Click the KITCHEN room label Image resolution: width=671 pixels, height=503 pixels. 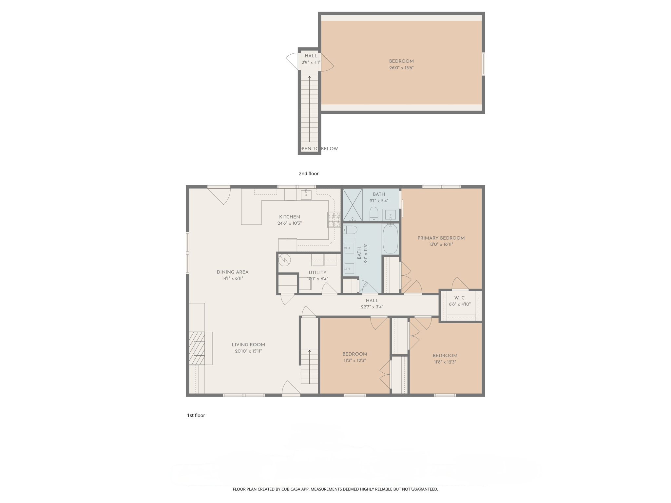289,217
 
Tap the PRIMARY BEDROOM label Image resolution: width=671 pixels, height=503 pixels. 441,238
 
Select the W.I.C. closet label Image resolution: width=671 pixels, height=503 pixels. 459,298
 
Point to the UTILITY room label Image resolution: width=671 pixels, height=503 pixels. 317,272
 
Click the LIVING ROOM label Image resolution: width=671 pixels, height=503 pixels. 248,345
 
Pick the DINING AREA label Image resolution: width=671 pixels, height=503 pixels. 232,272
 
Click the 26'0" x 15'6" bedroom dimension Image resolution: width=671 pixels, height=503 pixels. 401,68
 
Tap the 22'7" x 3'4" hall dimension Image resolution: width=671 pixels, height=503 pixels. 372,307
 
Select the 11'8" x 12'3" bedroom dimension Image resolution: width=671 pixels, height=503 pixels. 445,362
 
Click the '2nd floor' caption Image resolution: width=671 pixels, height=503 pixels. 308,174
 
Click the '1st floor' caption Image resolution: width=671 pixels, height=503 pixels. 196,415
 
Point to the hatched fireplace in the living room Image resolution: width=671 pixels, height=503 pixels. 197,348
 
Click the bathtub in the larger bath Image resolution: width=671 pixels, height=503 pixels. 390,238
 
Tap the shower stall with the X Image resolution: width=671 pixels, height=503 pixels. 352,205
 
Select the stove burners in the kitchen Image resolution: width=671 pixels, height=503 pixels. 334,219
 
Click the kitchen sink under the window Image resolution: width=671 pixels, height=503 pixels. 306,195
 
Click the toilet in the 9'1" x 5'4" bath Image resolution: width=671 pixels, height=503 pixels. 374,214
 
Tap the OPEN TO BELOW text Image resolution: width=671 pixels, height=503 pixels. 318,149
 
